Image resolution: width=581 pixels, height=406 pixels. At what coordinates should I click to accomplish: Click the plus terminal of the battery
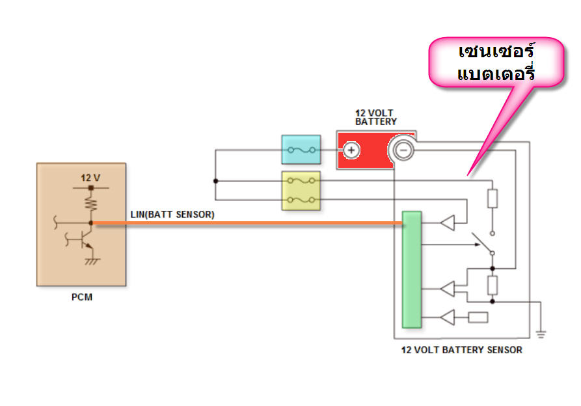click(x=351, y=150)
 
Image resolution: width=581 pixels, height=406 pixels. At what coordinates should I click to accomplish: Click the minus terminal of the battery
click(x=402, y=150)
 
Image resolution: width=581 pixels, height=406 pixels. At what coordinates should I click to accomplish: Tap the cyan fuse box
click(x=301, y=150)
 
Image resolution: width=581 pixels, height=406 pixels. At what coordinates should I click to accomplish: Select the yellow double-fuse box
click(x=301, y=191)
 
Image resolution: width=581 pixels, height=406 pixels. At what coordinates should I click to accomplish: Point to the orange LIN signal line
click(x=247, y=223)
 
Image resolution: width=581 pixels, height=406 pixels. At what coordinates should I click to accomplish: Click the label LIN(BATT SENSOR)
click(x=172, y=214)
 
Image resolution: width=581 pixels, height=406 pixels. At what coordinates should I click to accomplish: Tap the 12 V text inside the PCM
click(x=90, y=178)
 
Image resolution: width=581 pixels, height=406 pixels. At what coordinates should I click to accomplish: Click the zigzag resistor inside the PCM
click(x=91, y=204)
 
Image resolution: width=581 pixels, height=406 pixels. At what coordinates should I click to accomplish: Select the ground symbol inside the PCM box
click(x=91, y=261)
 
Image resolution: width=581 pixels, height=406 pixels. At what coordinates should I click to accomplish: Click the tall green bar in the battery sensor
click(x=411, y=269)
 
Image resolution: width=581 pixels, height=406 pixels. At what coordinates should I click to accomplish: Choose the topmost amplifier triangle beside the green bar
click(x=448, y=223)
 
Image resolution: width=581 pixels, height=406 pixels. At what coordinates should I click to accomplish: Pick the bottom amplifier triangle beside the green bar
click(x=448, y=318)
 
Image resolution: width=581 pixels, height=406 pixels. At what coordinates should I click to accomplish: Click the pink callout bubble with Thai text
click(x=496, y=62)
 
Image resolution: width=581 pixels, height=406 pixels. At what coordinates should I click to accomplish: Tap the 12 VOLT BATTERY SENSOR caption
click(x=461, y=350)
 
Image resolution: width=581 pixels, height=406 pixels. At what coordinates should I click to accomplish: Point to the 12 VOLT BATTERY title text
click(x=375, y=117)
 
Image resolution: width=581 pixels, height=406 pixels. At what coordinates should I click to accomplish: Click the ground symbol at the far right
click(x=541, y=334)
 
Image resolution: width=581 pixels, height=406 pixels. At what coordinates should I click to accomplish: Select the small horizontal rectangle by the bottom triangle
click(x=478, y=318)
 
